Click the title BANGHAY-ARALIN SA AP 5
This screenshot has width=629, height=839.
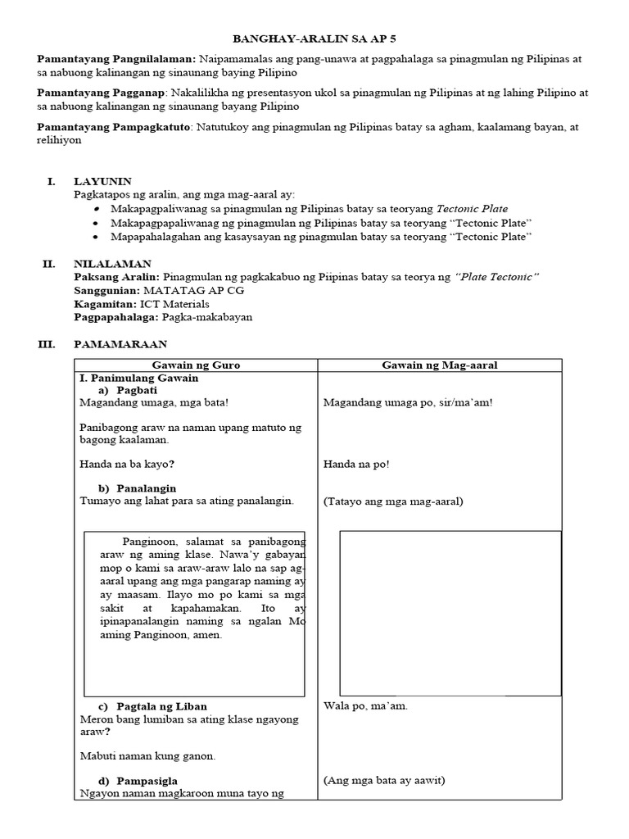click(x=314, y=39)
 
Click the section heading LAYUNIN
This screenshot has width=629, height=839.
click(x=102, y=181)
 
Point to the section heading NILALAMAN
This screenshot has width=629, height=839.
click(x=112, y=264)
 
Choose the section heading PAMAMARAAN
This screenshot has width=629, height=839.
click(x=120, y=345)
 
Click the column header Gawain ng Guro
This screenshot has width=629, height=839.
click(x=196, y=365)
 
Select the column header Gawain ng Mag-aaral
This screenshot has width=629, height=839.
click(x=440, y=365)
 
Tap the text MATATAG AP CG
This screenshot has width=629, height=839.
click(x=194, y=290)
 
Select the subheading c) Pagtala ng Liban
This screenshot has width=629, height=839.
click(x=152, y=705)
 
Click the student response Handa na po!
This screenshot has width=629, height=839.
click(x=356, y=464)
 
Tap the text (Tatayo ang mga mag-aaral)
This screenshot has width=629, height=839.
click(x=393, y=501)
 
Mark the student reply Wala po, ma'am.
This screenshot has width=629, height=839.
click(x=365, y=705)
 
